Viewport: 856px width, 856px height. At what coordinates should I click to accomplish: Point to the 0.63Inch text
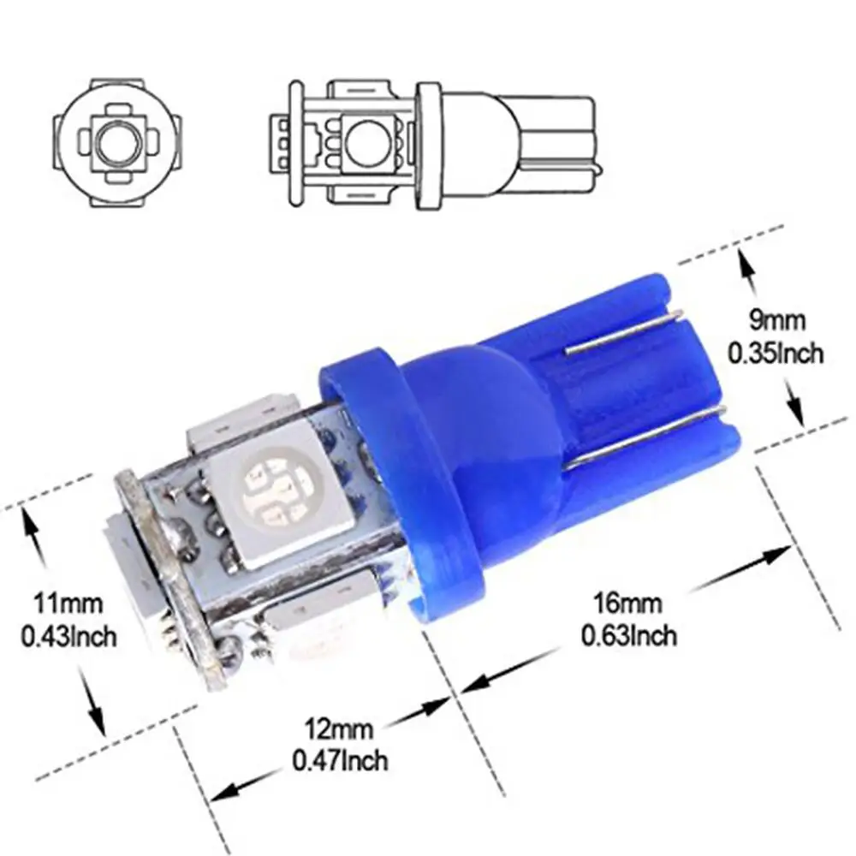[630, 635]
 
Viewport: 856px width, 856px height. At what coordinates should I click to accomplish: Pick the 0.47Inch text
[340, 758]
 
